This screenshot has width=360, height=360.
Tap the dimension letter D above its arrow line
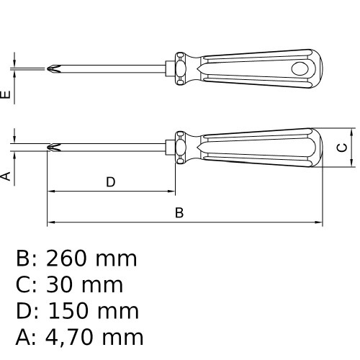111,182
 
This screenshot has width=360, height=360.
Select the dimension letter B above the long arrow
179,212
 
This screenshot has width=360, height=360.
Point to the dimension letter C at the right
342,148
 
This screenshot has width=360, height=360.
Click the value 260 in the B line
66,258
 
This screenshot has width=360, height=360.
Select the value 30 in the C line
59,284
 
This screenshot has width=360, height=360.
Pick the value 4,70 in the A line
69,337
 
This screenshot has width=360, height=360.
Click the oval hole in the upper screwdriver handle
300,68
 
